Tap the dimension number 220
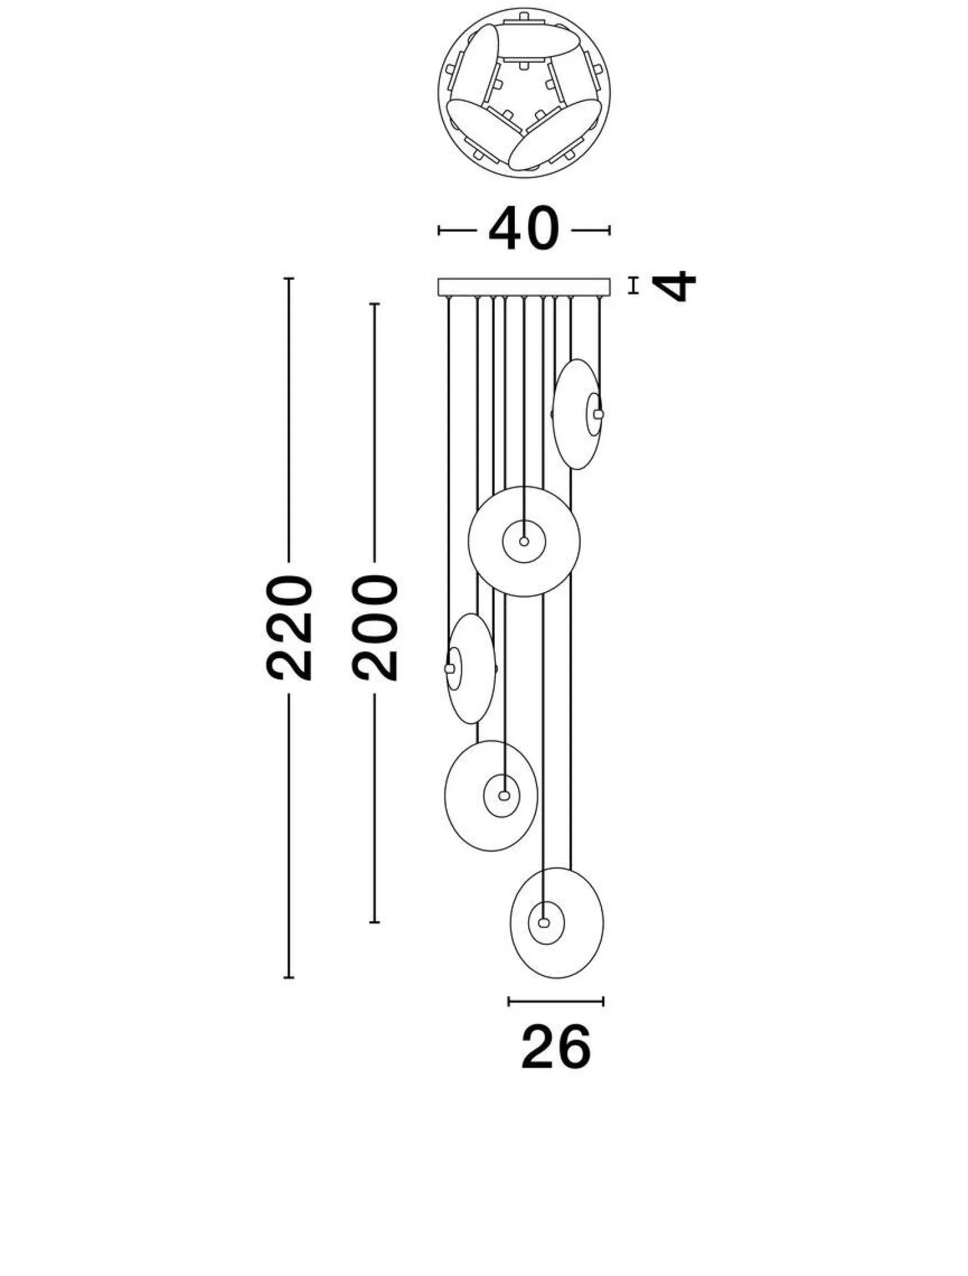pos(289,627)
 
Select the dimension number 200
pos(375,627)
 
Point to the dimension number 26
pos(556,1047)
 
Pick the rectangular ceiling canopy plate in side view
pos(524,287)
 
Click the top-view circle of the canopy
pos(524,93)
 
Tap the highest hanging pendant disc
pos(577,414)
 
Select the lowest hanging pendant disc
pos(557,923)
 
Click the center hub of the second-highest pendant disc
pos(524,541)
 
